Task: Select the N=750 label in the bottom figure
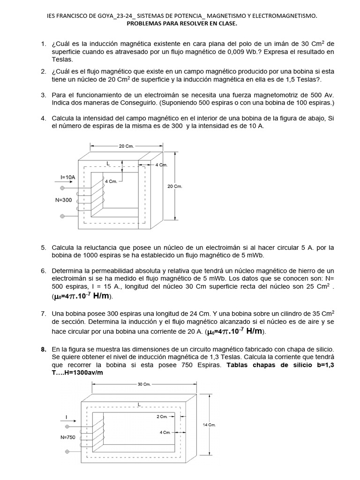coord(68,437)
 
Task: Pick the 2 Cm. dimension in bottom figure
coord(162,416)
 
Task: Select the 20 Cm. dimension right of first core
coord(175,186)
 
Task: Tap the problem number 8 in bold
coord(43,349)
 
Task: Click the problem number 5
coord(43,247)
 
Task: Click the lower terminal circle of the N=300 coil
coord(62,217)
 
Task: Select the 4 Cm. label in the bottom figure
coord(165,432)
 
